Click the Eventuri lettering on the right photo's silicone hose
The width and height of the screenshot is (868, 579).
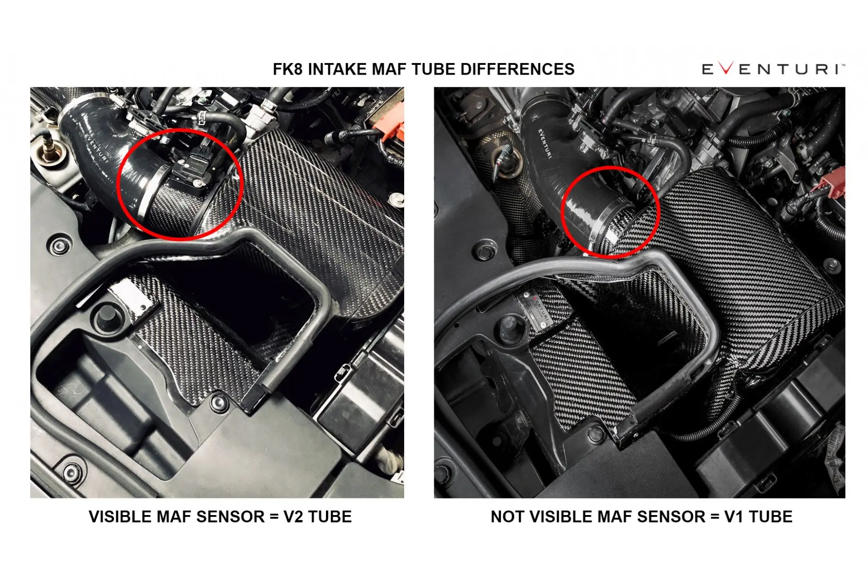coord(545,143)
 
